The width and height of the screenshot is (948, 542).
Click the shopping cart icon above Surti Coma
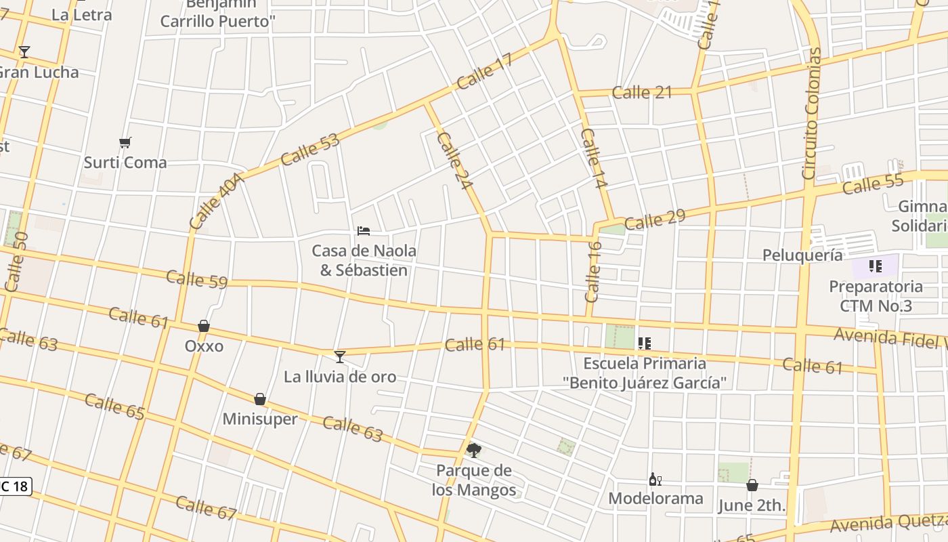125,142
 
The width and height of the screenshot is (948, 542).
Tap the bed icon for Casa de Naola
364,231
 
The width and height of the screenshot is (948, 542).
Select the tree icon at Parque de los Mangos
474,450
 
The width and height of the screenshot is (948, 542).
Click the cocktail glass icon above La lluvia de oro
340,356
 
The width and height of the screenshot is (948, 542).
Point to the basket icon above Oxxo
204,326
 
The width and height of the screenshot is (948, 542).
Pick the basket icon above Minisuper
260,399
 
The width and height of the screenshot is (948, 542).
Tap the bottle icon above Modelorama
655,480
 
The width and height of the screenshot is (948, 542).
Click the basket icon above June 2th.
752,485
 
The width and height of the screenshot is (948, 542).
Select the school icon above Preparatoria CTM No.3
876,266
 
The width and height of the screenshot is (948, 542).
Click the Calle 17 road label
484,72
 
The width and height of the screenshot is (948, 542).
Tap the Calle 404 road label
215,201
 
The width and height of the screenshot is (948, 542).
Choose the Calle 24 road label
454,161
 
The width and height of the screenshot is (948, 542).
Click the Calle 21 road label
642,92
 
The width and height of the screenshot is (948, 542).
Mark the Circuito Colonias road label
811,114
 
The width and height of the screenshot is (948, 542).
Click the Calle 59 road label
196,278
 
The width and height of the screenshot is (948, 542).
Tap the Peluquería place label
802,255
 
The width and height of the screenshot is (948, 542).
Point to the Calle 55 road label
873,184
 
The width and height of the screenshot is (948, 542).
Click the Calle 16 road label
593,271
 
